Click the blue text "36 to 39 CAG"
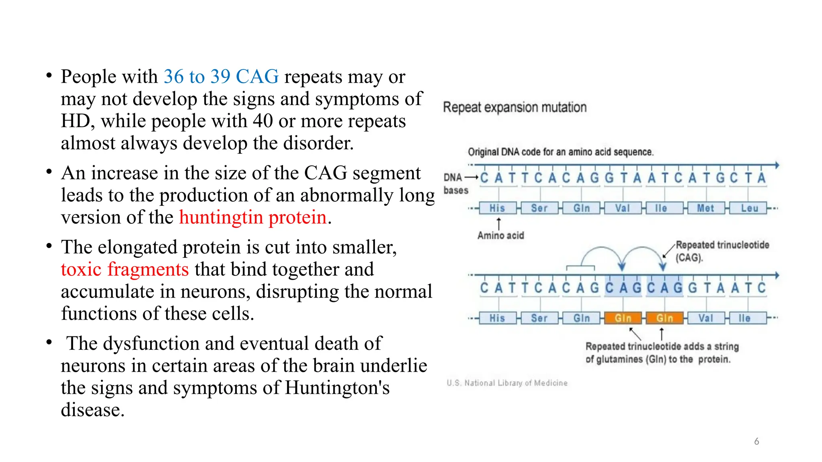point(221,77)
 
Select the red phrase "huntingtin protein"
point(253,217)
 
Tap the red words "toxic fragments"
point(124,269)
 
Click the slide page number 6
point(757,441)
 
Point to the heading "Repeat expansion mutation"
point(515,107)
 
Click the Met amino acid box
point(705,208)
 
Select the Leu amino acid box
point(749,208)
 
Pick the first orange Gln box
point(623,318)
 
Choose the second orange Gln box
point(665,318)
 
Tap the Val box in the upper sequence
point(623,208)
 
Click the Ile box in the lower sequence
point(745,318)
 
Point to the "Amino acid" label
point(501,235)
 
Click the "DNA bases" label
point(455,184)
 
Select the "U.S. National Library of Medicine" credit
point(507,383)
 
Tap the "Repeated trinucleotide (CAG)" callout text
point(722,251)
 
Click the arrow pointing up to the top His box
point(499,223)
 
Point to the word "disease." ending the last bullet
point(93,410)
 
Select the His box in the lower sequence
point(497,318)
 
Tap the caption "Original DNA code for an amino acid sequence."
point(561,152)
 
